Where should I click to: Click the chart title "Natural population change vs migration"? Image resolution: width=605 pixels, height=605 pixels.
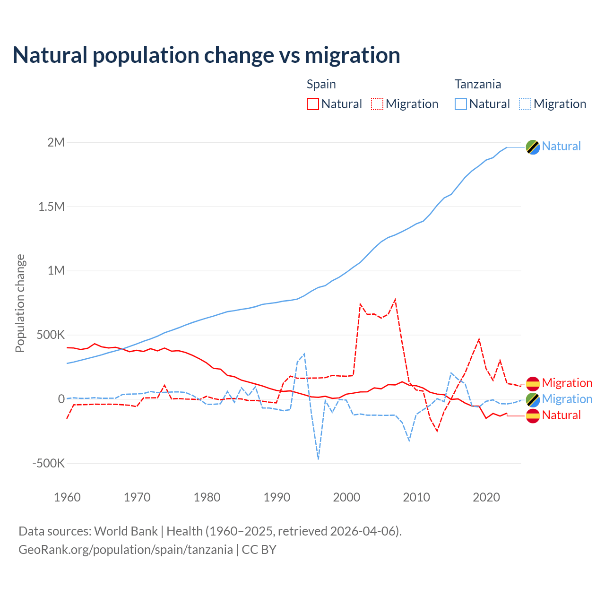[206, 55]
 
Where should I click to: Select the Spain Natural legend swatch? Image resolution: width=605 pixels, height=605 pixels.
[312, 104]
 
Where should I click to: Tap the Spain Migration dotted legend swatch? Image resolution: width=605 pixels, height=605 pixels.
[377, 104]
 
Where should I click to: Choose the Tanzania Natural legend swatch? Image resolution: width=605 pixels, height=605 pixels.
[461, 104]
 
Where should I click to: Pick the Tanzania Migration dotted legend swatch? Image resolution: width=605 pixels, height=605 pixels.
[525, 104]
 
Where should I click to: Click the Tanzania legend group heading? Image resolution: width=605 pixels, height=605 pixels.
[477, 84]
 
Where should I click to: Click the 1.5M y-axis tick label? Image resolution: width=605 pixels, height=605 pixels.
[51, 207]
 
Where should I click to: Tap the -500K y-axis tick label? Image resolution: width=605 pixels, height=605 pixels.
[49, 463]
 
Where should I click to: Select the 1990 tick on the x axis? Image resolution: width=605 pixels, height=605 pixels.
[277, 497]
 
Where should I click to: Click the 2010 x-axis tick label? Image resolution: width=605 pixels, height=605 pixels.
[416, 497]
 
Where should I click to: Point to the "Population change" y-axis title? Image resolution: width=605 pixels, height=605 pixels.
[20, 303]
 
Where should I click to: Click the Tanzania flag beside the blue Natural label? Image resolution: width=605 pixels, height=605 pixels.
[533, 147]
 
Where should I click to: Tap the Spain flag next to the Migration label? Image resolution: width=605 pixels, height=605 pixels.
[533, 383]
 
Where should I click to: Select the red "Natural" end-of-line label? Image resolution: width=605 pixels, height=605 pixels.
[561, 415]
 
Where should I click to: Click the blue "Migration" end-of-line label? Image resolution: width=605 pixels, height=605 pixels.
[567, 399]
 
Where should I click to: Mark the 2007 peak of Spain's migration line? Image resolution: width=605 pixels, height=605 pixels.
[395, 299]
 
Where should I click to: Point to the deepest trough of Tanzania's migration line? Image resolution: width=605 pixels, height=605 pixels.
[319, 458]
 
